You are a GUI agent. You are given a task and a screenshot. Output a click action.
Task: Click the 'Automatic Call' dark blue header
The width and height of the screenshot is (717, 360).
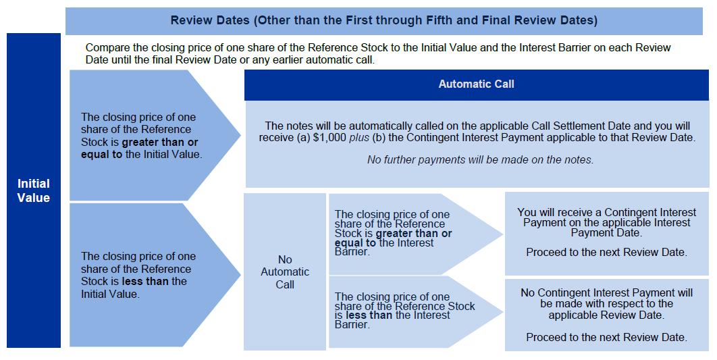476,84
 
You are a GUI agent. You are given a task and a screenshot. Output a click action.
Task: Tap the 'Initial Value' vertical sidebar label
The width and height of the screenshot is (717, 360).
34,190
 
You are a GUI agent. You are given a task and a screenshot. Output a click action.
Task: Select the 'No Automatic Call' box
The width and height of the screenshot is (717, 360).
285,272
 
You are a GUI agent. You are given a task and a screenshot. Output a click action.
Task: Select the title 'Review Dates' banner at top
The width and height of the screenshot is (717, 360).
383,20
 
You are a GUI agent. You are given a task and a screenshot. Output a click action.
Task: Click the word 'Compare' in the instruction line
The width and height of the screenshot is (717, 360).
107,48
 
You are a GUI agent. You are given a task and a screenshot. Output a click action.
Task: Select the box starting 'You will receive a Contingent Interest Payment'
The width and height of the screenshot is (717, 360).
606,233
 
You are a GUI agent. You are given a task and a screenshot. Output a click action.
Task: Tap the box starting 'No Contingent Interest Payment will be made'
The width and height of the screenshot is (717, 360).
606,313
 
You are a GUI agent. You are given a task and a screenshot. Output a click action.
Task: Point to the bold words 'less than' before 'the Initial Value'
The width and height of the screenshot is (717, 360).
144,281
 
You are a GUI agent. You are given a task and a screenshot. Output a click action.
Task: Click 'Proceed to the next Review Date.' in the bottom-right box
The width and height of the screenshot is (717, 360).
606,337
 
